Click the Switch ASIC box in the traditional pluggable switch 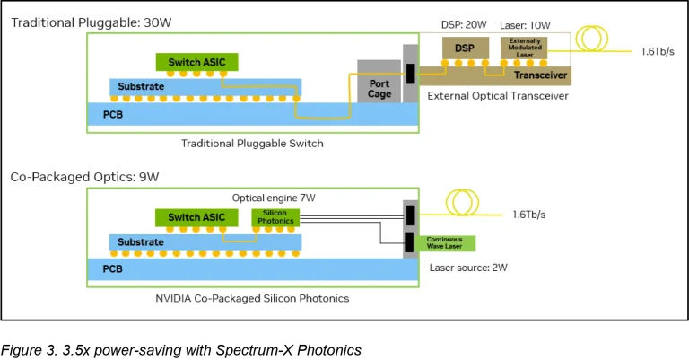(196, 61)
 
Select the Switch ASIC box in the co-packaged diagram (196, 217)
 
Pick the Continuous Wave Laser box (445, 242)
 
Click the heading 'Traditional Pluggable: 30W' (80, 22)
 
